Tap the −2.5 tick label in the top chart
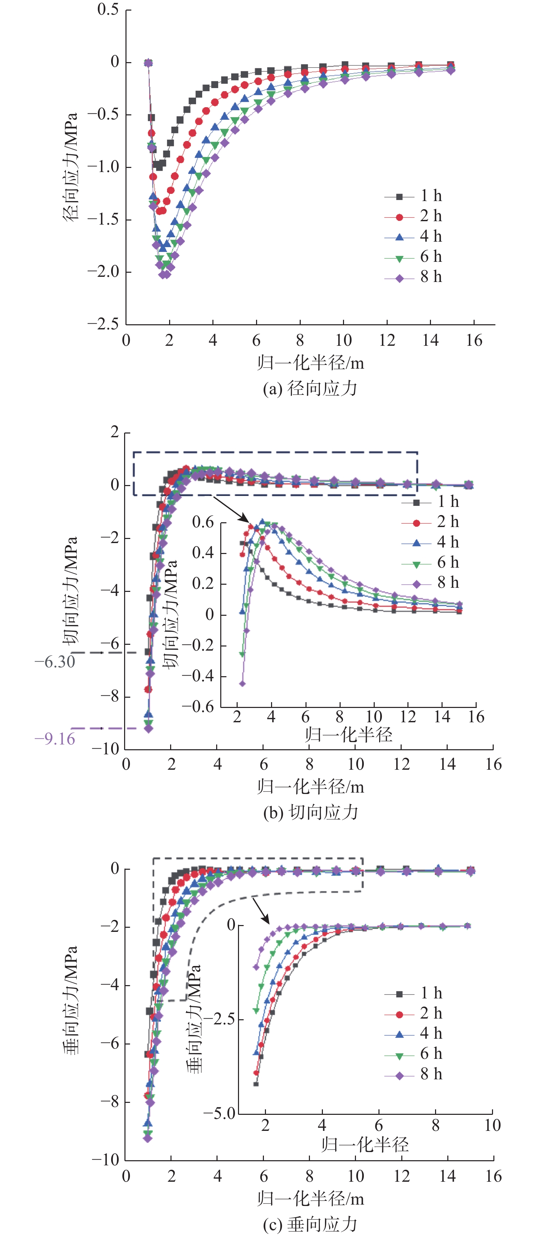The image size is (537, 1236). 103,324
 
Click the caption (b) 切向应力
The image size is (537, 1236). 310,812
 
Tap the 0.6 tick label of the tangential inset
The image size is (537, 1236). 203,522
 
